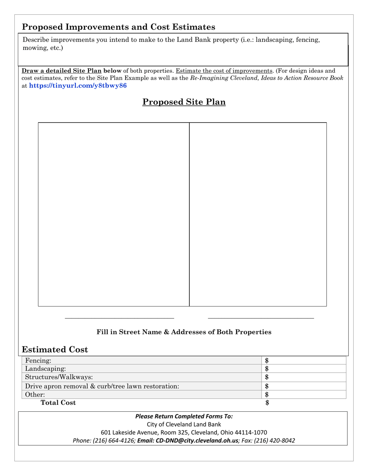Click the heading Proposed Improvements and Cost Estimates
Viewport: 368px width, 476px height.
point(119,27)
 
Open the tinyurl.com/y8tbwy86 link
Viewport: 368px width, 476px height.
point(78,86)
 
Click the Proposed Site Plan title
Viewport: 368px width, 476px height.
point(184,102)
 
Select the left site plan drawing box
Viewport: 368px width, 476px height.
point(113,214)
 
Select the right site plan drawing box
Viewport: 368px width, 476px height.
point(258,214)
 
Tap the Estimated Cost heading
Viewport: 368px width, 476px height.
point(55,350)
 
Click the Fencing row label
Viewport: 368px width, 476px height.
point(38,361)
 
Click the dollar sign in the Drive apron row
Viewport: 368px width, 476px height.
point(267,386)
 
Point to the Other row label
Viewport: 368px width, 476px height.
point(35,395)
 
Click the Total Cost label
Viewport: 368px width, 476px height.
point(58,403)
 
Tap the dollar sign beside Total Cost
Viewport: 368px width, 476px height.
point(267,403)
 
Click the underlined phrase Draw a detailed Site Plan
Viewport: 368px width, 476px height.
point(61,71)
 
